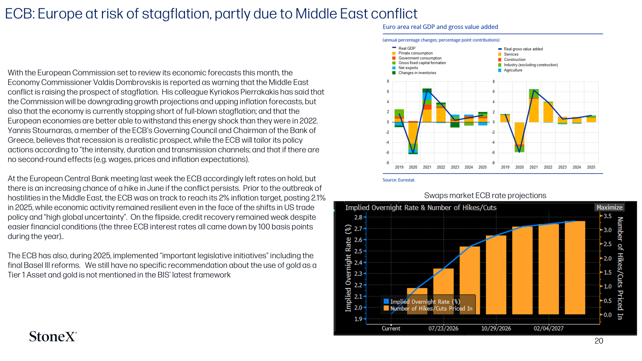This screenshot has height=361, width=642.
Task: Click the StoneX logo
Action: [x=53, y=337]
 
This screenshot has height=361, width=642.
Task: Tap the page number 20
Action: [x=599, y=341]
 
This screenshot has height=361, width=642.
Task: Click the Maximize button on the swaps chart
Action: [x=609, y=207]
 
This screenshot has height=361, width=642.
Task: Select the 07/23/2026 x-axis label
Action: [x=443, y=329]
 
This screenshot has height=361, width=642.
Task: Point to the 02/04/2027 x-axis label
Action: [x=548, y=329]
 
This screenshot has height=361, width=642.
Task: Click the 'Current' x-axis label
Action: [x=391, y=329]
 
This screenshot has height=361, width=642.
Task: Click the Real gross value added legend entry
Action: [x=520, y=49]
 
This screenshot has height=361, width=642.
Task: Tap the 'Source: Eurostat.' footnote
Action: [x=399, y=180]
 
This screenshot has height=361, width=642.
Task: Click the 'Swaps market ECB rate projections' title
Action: [x=485, y=195]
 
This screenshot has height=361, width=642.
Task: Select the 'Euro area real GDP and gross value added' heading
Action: [x=440, y=27]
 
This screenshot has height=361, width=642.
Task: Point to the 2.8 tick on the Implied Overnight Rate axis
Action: [x=358, y=217]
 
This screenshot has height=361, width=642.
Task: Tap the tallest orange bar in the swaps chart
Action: [x=575, y=268]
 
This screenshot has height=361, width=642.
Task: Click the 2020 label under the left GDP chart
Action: [x=413, y=167]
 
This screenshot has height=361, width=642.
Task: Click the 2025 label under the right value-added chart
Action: [x=591, y=167]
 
